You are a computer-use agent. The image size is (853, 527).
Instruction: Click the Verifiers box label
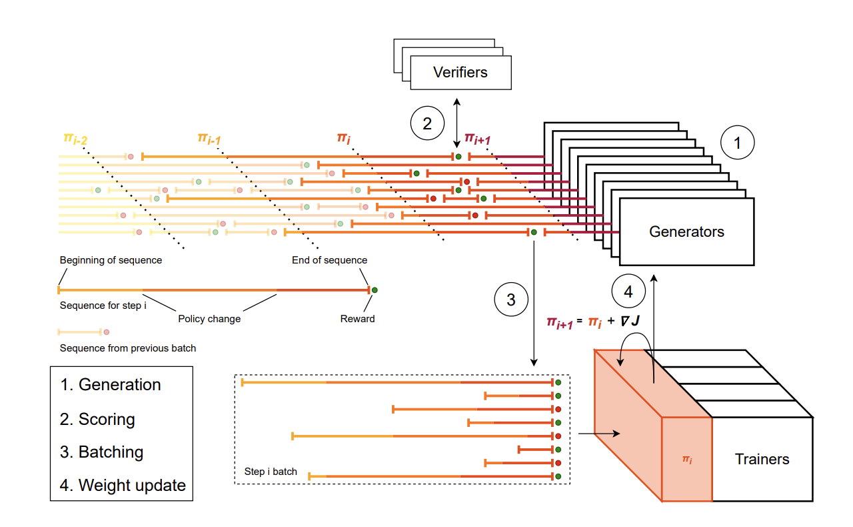pos(460,72)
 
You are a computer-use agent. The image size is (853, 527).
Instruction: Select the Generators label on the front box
pos(686,232)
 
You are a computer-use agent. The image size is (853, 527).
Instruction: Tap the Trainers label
pos(762,459)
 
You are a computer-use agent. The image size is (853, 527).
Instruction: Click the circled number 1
pos(736,142)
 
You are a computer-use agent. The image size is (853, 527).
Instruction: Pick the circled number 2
pos(426,123)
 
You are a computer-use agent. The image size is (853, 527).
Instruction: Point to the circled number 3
pos(510,300)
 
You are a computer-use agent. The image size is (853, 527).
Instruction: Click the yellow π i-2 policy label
pos(75,138)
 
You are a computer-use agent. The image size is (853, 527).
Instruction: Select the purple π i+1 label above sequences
pos(478,139)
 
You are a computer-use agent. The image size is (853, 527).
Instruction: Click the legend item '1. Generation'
pos(111,385)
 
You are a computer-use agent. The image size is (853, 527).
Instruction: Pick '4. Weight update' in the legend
pos(123,485)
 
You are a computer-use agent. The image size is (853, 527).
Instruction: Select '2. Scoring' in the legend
pos(97,419)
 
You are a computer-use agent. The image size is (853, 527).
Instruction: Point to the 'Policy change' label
pos(209,319)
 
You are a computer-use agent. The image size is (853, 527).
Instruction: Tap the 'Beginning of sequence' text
pos(111,260)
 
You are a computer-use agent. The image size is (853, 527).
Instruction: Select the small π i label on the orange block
pos(686,459)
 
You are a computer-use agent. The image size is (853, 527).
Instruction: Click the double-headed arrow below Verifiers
pos(456,123)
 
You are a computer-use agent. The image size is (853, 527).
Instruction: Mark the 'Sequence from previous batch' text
pos(128,348)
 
